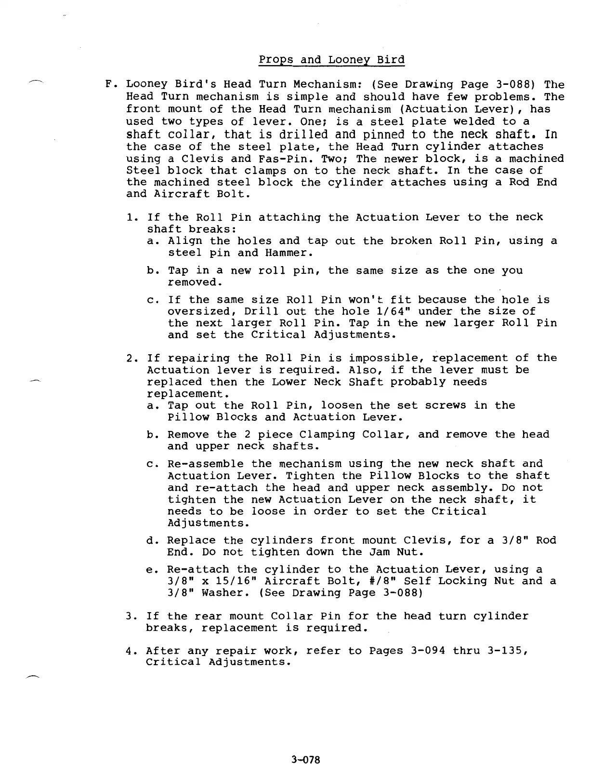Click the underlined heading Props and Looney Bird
click(331, 60)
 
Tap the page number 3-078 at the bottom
click(305, 759)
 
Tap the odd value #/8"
click(376, 581)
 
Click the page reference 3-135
click(505, 651)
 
